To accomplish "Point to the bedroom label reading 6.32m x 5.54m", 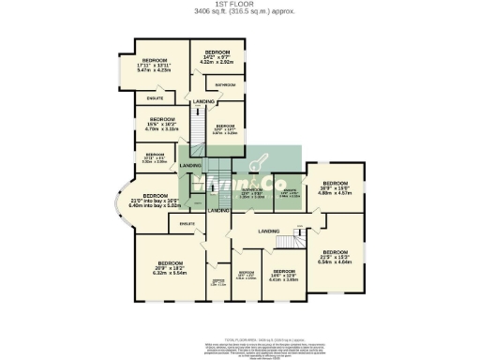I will (x=170, y=267).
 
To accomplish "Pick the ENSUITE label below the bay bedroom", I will (x=186, y=223).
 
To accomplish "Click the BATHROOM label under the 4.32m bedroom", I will (x=225, y=85).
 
